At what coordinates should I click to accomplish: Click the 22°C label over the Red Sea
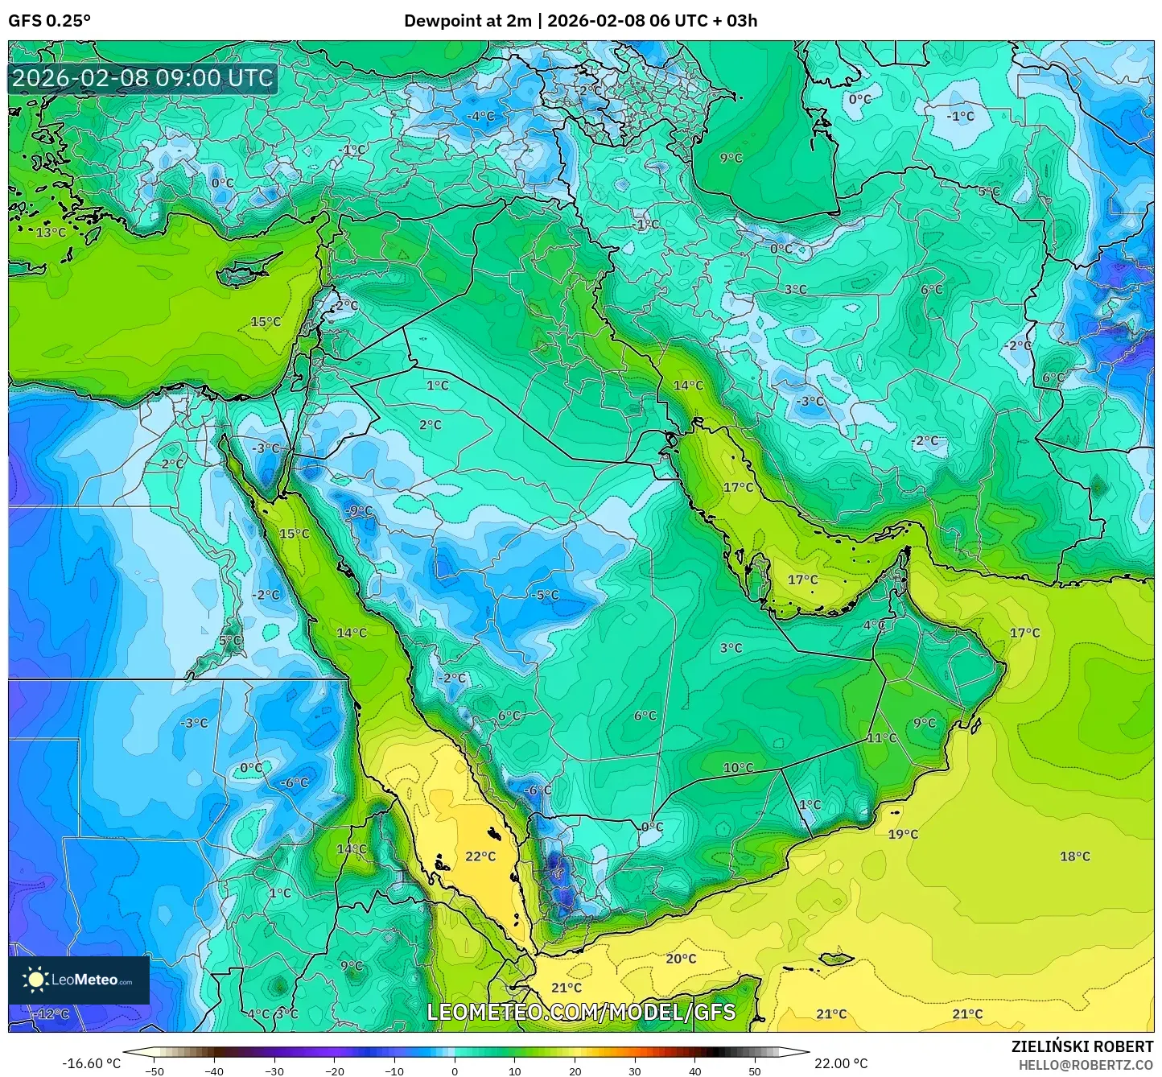tap(480, 856)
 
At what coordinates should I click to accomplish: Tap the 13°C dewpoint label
tap(51, 233)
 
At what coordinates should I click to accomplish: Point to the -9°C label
tap(359, 510)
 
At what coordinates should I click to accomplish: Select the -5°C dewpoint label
tap(545, 595)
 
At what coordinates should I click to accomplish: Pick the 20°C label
tap(681, 959)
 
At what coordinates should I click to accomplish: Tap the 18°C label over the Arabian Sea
tap(1075, 856)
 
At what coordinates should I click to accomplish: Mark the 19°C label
tap(903, 834)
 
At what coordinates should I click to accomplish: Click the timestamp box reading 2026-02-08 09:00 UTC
tap(142, 78)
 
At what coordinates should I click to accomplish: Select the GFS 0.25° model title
tap(50, 21)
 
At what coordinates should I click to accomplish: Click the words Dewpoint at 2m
tap(468, 21)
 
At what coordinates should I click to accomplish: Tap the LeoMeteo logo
tap(79, 980)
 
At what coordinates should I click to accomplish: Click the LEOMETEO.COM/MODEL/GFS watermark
tap(581, 1012)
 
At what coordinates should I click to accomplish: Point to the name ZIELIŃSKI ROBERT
tap(1082, 1046)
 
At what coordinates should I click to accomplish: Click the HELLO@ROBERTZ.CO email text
tap(1086, 1065)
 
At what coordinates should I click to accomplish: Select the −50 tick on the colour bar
tap(154, 1071)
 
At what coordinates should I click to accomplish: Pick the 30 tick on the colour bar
tap(635, 1071)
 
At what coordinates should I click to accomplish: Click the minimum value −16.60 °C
tap(92, 1063)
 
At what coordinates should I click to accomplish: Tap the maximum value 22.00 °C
tap(841, 1063)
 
